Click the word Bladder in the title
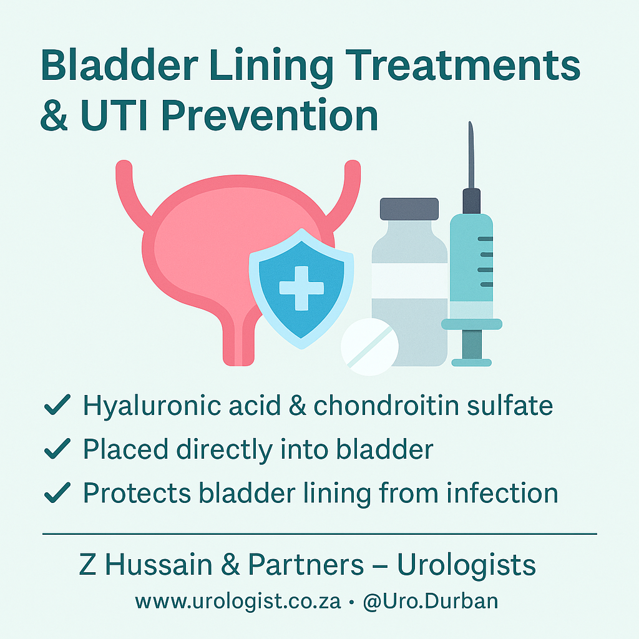pyautogui.click(x=119, y=65)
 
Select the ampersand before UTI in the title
pyautogui.click(x=54, y=115)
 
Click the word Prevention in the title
pyautogui.click(x=270, y=115)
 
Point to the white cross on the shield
pyautogui.click(x=301, y=288)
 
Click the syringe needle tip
pyautogui.click(x=471, y=122)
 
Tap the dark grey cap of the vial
pyautogui.click(x=409, y=208)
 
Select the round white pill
pyautogui.click(x=369, y=346)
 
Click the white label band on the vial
pyautogui.click(x=409, y=281)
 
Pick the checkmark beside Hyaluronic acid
pyautogui.click(x=57, y=404)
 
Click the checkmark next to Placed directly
pyautogui.click(x=57, y=449)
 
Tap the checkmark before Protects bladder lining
pyautogui.click(x=57, y=492)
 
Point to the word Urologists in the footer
pyautogui.click(x=466, y=565)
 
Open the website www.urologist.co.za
pyautogui.click(x=238, y=602)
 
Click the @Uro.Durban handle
pyautogui.click(x=431, y=602)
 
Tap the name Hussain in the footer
pyautogui.click(x=159, y=564)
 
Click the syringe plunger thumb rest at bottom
pyautogui.click(x=472, y=363)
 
